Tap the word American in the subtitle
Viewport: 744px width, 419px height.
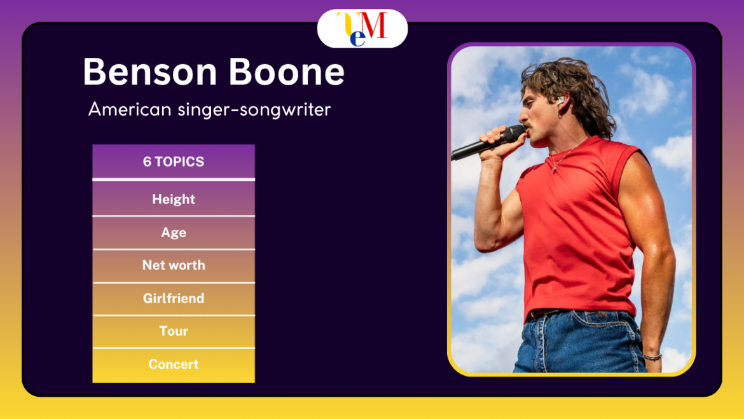pyautogui.click(x=130, y=109)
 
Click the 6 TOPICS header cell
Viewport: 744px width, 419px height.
pyautogui.click(x=174, y=161)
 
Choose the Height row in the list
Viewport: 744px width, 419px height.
pyautogui.click(x=174, y=199)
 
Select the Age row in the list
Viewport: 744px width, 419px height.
pyautogui.click(x=174, y=233)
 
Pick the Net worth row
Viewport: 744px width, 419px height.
pyautogui.click(x=174, y=266)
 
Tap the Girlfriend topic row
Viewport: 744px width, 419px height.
pyautogui.click(x=174, y=299)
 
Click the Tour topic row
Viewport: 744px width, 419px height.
pyautogui.click(x=174, y=331)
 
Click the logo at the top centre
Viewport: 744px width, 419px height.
pyautogui.click(x=362, y=29)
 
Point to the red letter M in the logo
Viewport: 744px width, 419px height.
pyautogui.click(x=377, y=26)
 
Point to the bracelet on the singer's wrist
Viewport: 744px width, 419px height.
pyautogui.click(x=652, y=357)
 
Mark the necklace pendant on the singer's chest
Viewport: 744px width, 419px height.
pyautogui.click(x=555, y=168)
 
